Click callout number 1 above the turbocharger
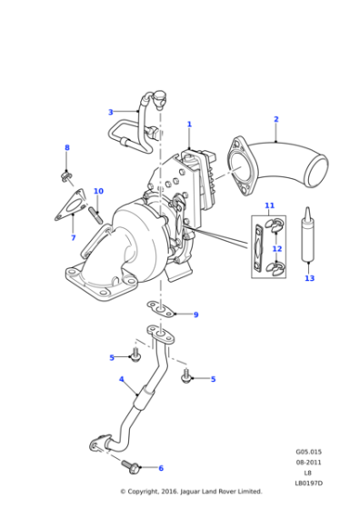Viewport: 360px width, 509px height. (189, 124)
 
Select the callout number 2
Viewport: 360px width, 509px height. (275, 119)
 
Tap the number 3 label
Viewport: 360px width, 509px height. (110, 113)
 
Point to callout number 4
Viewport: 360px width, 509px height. (121, 379)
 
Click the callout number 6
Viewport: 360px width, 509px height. (161, 468)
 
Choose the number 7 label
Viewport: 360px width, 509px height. (73, 238)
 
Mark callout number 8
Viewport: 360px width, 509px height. (66, 147)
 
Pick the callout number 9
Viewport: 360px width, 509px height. (195, 314)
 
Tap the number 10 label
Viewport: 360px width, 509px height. (98, 192)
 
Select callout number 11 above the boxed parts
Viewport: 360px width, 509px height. (269, 206)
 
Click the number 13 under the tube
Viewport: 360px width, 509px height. (309, 278)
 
